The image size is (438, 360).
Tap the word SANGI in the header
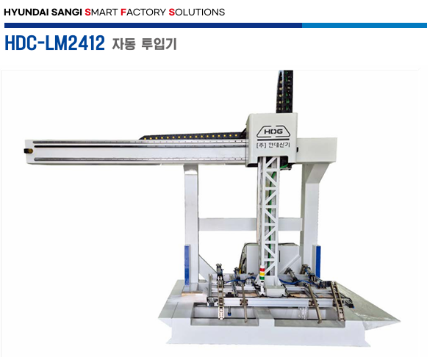(x=67, y=12)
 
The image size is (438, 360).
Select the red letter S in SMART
(x=87, y=12)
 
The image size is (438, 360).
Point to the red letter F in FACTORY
(x=123, y=12)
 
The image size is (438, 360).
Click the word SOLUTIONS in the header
(x=197, y=12)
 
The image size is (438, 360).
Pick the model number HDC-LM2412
(x=54, y=43)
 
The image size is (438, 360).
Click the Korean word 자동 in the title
(x=123, y=44)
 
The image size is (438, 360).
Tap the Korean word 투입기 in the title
(x=159, y=44)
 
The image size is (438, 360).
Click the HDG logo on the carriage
(x=273, y=132)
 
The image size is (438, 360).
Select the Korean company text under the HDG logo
(x=273, y=145)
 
